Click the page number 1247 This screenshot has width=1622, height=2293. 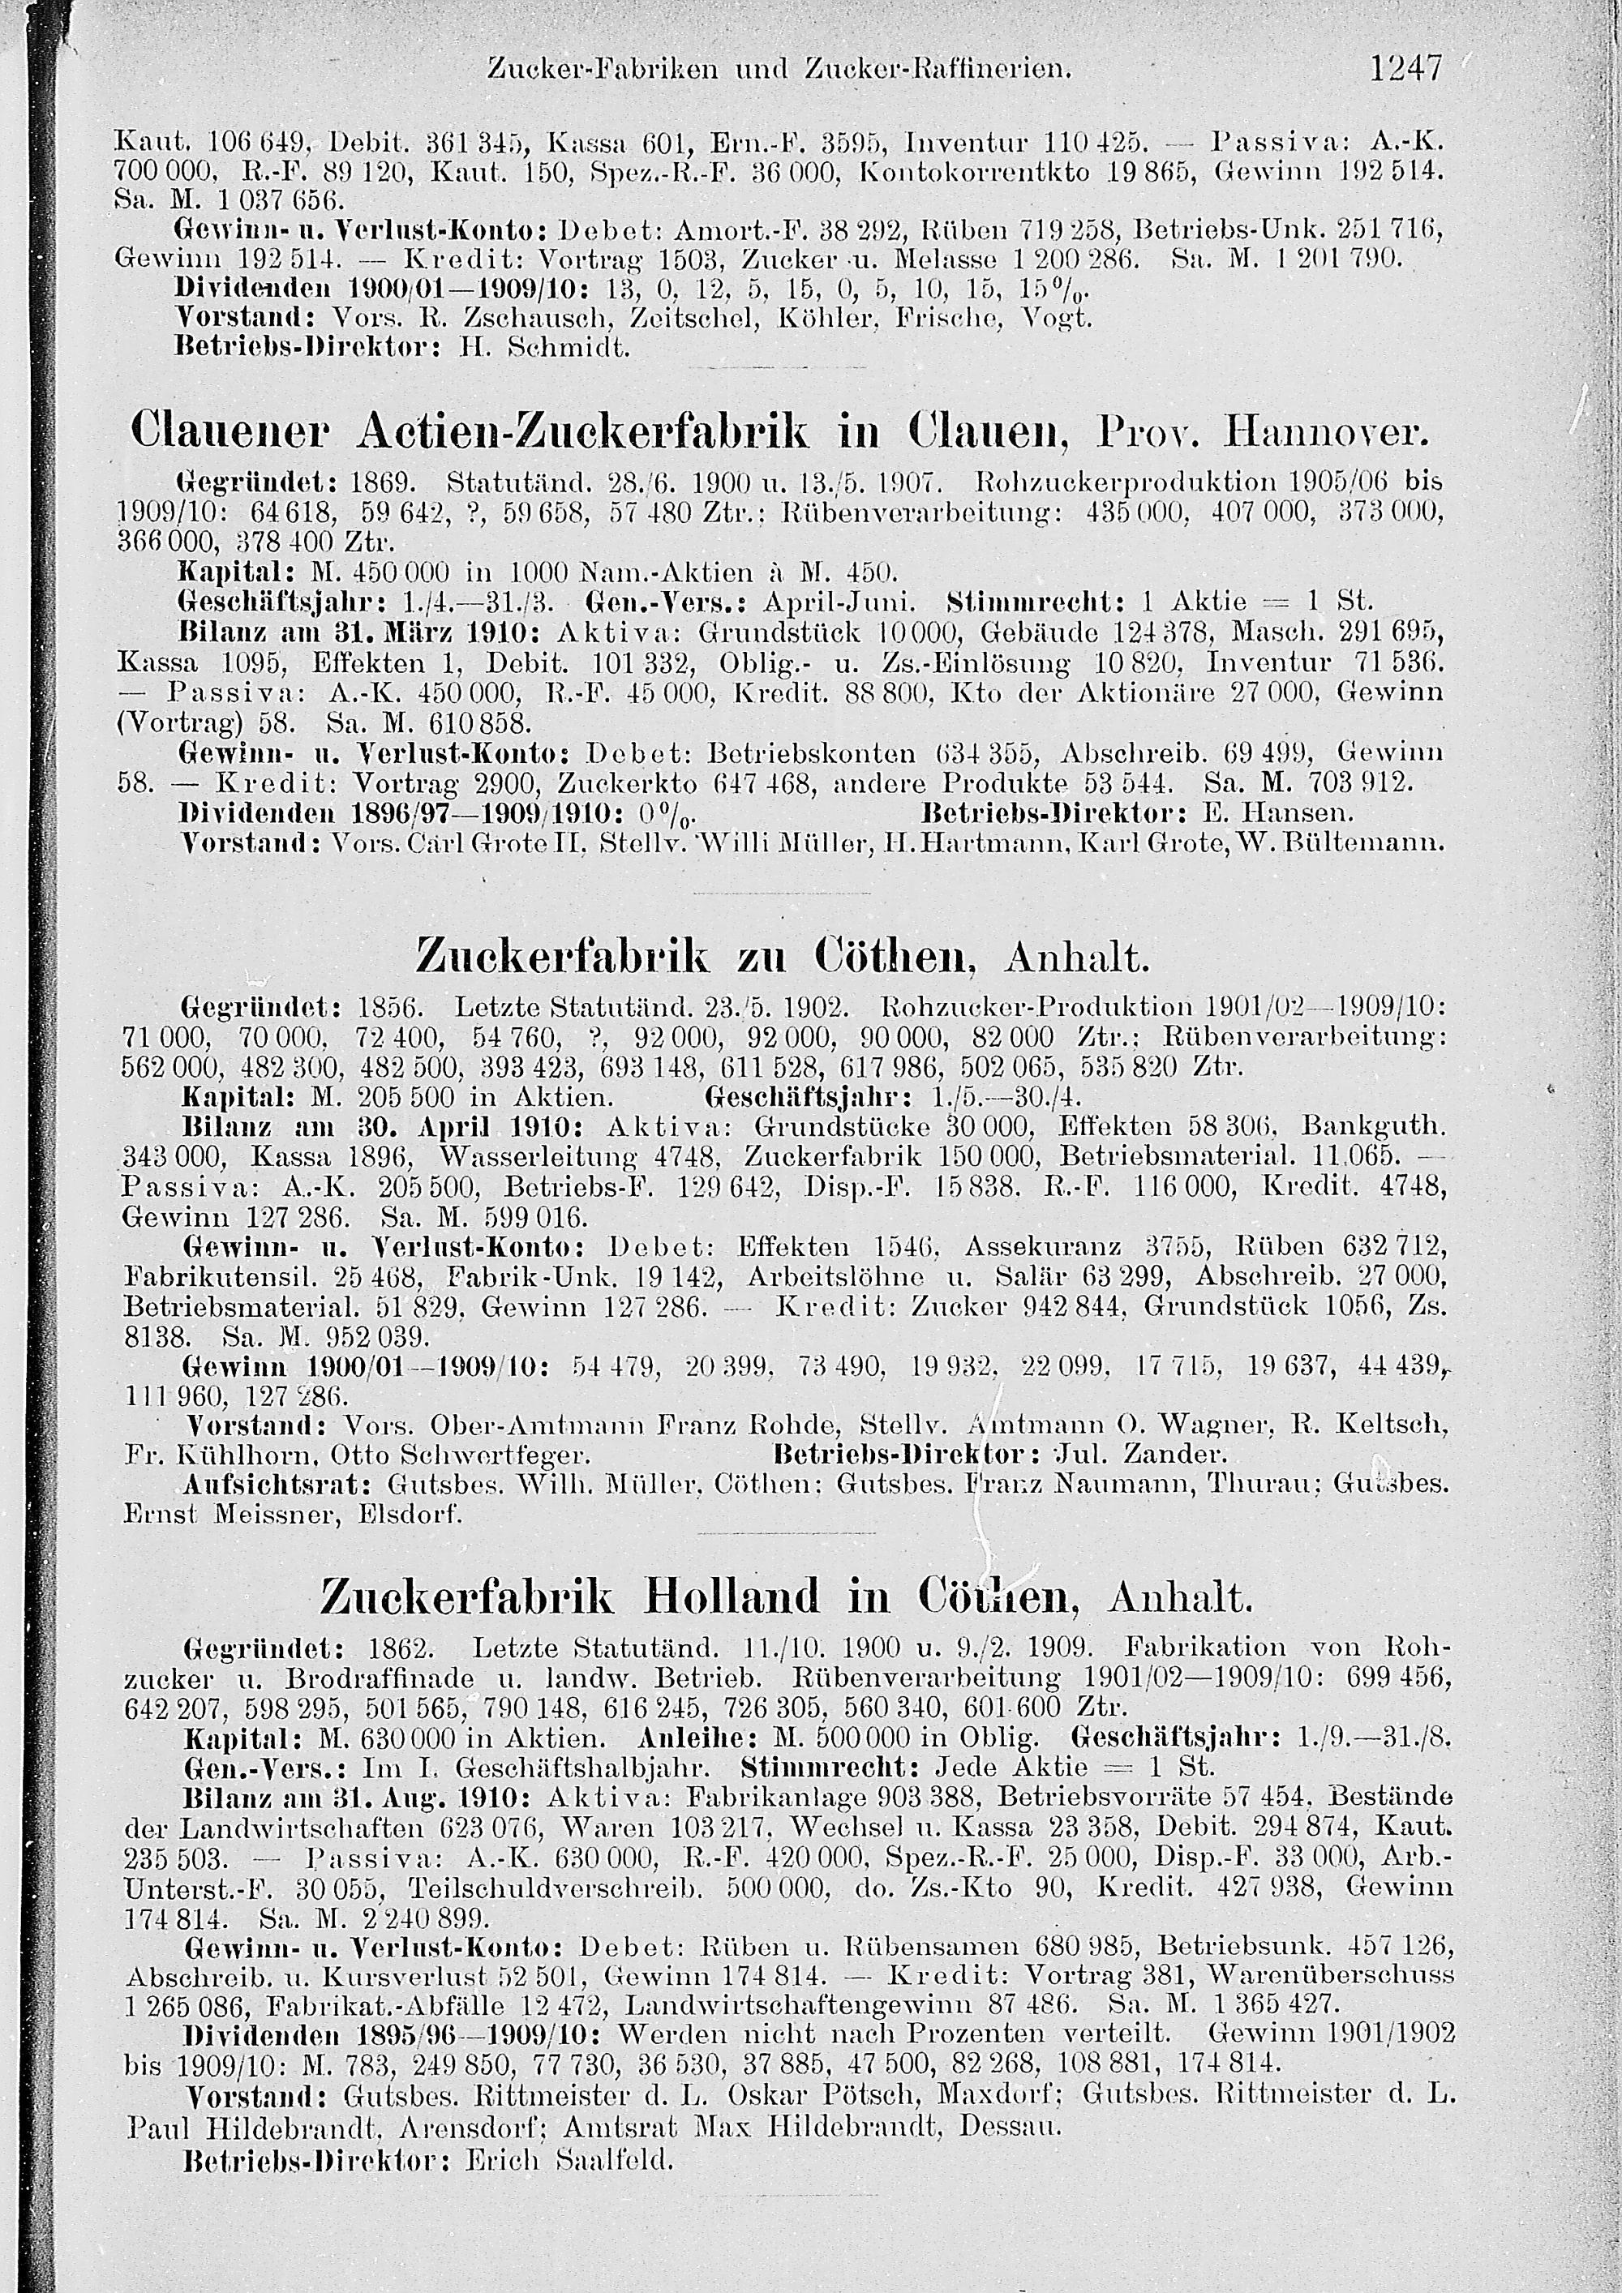click(1406, 69)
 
